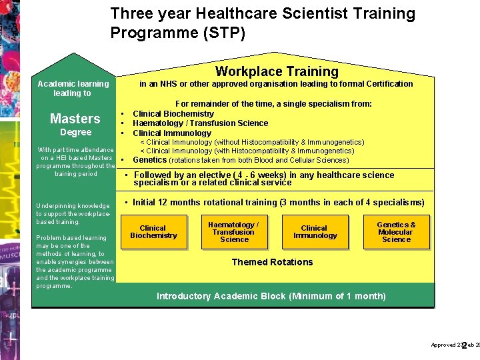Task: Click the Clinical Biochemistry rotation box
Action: click(x=153, y=231)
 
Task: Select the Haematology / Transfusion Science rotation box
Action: click(x=234, y=231)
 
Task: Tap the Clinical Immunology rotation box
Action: click(x=315, y=231)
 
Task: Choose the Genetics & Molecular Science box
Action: click(x=396, y=231)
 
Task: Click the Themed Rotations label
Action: click(x=272, y=262)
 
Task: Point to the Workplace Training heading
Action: click(x=277, y=71)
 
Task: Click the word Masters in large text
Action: click(x=75, y=119)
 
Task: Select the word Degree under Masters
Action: click(x=75, y=132)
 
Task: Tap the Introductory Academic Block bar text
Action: click(x=271, y=296)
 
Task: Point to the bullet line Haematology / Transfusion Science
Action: click(x=200, y=123)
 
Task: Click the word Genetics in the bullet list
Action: click(x=150, y=160)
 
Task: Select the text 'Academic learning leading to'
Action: click(x=73, y=89)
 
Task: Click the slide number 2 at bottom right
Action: click(x=464, y=345)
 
